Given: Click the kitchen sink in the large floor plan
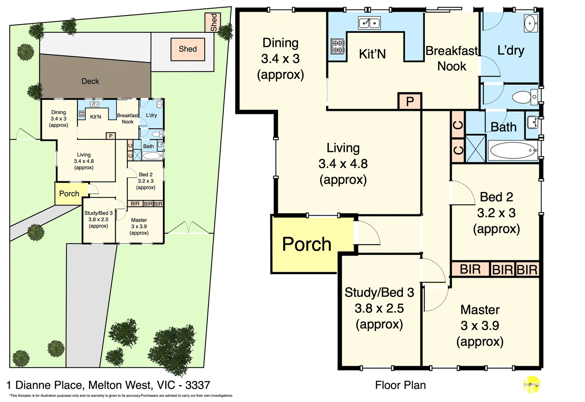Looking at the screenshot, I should click(x=369, y=23).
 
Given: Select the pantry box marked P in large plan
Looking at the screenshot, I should click(x=410, y=101).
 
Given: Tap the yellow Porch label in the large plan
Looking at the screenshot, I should click(x=306, y=245).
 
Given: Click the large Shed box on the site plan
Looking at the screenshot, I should click(x=188, y=49).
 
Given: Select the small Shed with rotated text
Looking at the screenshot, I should click(x=213, y=22).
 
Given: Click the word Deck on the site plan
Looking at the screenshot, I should click(x=90, y=81).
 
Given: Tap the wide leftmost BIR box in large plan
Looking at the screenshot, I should click(x=470, y=269).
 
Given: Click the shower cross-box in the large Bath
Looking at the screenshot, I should click(x=476, y=149).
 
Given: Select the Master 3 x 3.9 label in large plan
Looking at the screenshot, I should click(x=480, y=325).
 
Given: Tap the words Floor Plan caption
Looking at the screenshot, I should click(x=400, y=385).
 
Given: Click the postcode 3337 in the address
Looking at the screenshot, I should click(x=198, y=385).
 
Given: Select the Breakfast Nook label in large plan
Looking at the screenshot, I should click(x=452, y=58).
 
